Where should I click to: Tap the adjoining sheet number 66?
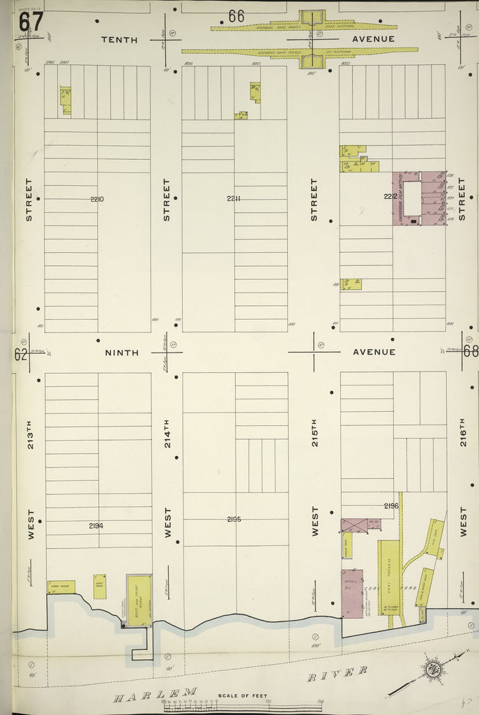[x=236, y=15]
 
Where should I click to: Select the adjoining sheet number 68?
[x=471, y=351]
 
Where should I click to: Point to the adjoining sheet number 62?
[x=21, y=354]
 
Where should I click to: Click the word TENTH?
[x=119, y=39]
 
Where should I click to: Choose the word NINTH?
[x=122, y=353]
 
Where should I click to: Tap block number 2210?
[x=97, y=200]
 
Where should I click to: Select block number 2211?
[x=234, y=199]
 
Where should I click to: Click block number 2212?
[x=390, y=197]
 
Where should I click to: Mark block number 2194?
[x=96, y=525]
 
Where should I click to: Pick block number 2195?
[x=234, y=519]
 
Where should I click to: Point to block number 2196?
[x=390, y=506]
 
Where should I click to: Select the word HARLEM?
[x=156, y=694]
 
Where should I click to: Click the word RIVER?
[x=337, y=673]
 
